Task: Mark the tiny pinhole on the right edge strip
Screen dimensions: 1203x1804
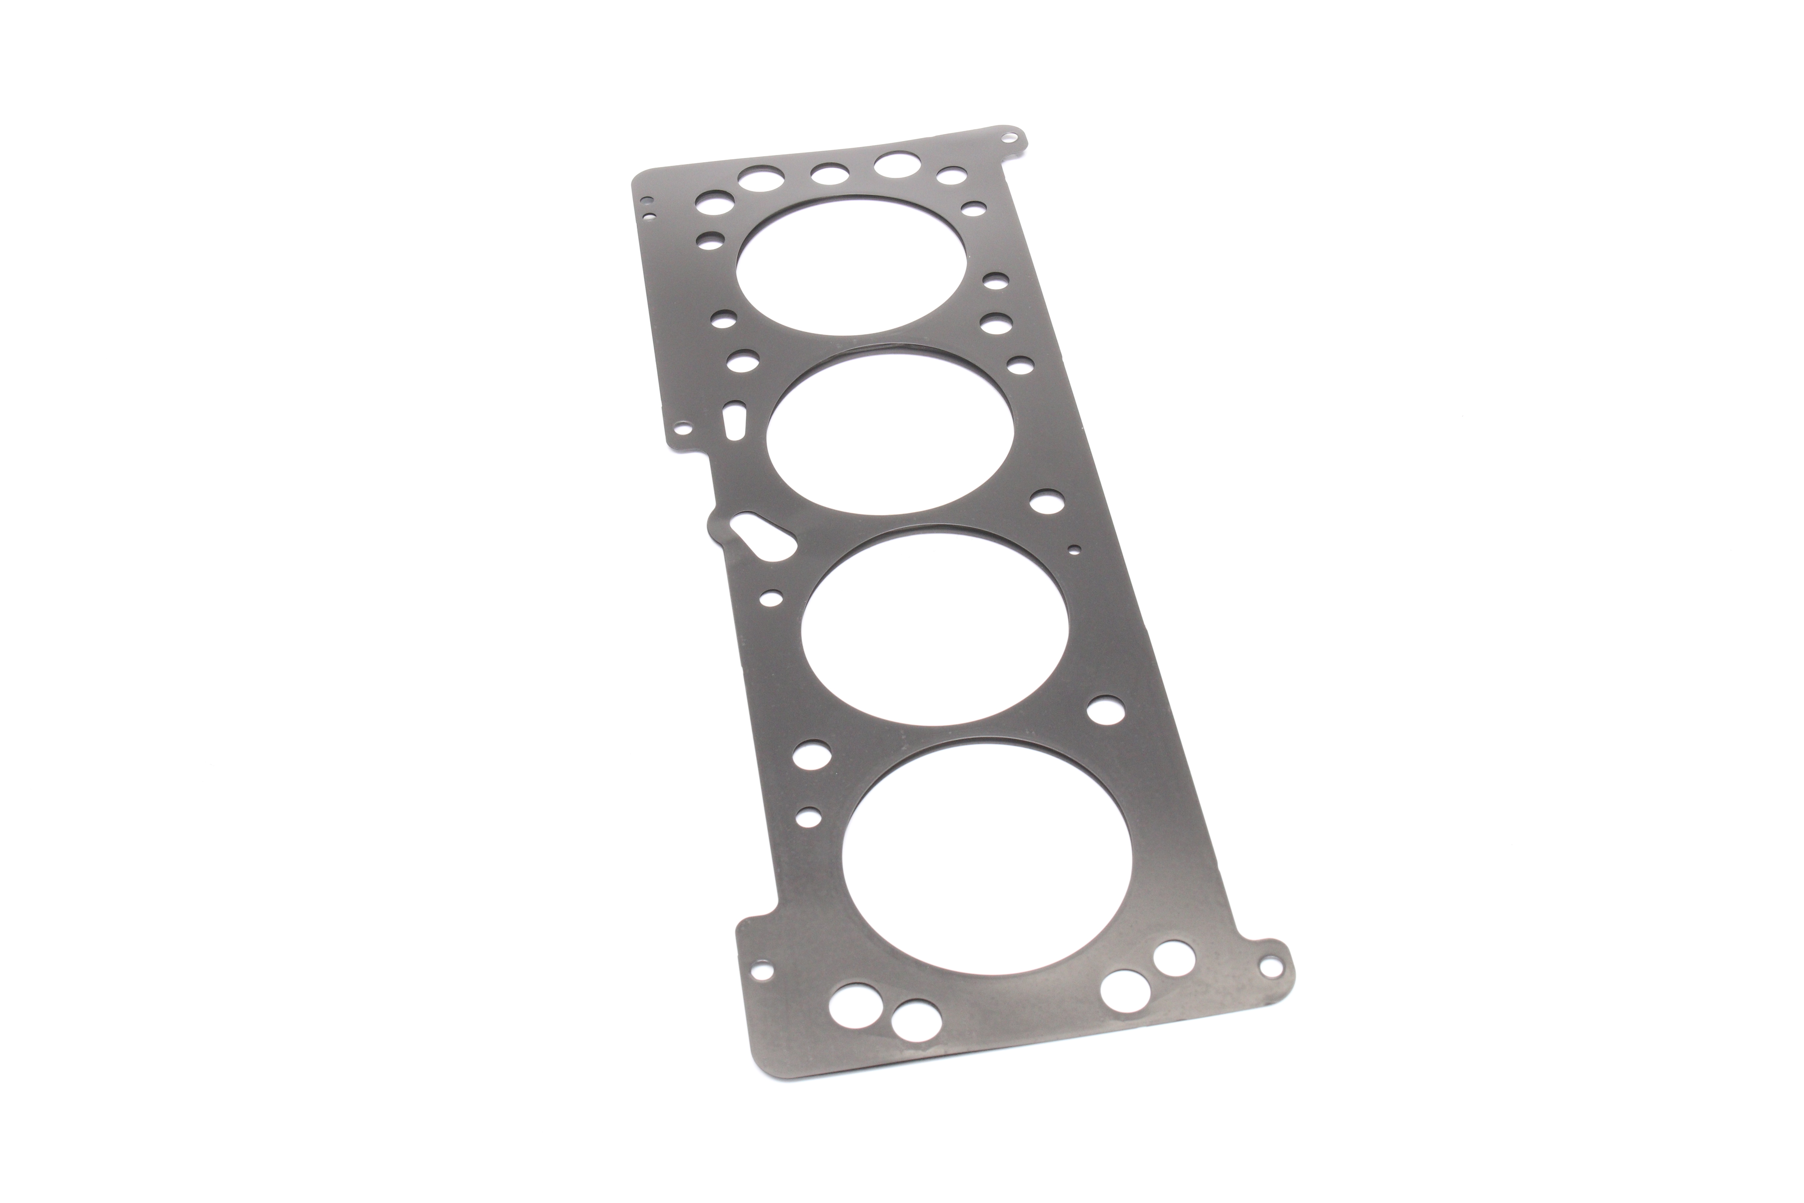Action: click(x=1075, y=549)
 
